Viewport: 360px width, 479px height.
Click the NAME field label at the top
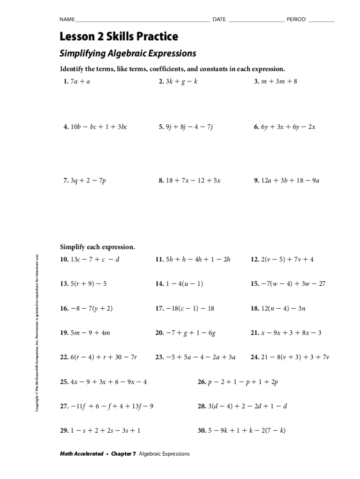click(x=66, y=19)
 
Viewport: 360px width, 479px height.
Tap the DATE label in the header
click(x=219, y=19)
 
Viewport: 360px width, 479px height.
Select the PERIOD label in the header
click(x=296, y=19)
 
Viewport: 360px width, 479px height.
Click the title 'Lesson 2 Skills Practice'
click(x=119, y=36)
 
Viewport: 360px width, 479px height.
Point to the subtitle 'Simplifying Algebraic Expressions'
click(x=128, y=53)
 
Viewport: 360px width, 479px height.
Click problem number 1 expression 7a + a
click(x=77, y=81)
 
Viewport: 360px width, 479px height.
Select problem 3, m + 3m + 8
click(x=275, y=81)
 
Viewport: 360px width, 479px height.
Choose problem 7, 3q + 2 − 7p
click(x=85, y=180)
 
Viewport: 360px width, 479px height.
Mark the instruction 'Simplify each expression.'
click(x=97, y=247)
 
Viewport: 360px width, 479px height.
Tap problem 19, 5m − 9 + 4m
click(x=85, y=333)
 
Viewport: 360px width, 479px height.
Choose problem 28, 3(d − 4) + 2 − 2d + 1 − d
click(x=242, y=406)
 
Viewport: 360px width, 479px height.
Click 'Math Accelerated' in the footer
click(x=81, y=454)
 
